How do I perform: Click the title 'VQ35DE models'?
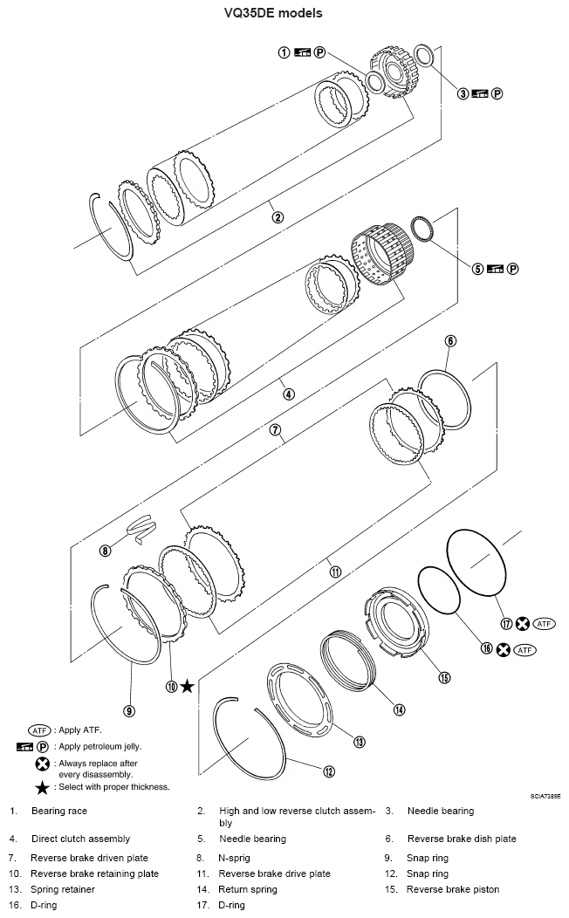pos(284,12)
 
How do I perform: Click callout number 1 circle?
pos(284,52)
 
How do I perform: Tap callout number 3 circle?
pos(463,93)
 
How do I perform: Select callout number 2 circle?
pos(278,217)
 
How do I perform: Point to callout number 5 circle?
pos(478,269)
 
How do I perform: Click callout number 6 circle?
pos(450,340)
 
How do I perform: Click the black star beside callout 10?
pos(187,686)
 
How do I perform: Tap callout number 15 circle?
pos(443,677)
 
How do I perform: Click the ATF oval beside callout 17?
pos(545,624)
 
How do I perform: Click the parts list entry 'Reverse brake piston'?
pos(453,889)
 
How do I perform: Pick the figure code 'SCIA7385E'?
pos(545,796)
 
